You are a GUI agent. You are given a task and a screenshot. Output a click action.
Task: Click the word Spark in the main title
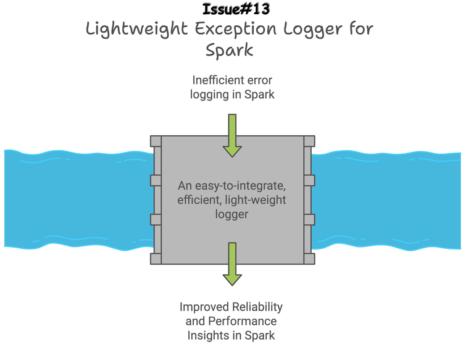(230, 49)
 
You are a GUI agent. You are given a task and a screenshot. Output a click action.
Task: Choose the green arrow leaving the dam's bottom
(232, 264)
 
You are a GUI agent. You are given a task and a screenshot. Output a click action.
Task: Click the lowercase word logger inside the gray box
(231, 214)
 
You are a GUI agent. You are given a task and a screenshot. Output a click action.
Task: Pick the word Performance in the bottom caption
(243, 321)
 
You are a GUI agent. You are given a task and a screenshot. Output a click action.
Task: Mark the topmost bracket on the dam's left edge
(156, 141)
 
